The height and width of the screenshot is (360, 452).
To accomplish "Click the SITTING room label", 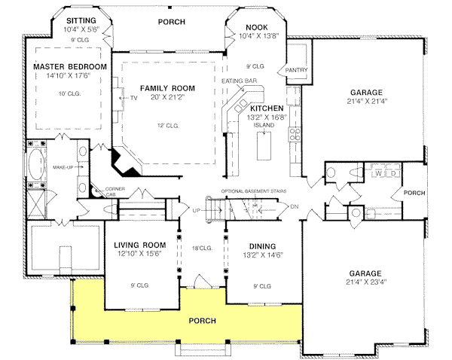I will pos(81,20).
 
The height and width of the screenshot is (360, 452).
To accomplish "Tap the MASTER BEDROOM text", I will pos(69,66).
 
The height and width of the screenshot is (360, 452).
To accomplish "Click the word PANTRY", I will pos(292,71).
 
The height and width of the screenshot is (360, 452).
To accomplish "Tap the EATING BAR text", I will pos(240,80).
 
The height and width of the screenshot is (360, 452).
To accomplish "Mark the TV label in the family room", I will pos(133,98).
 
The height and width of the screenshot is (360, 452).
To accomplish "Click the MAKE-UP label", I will pos(63,166).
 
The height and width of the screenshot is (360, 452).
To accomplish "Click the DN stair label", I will pos(295,207).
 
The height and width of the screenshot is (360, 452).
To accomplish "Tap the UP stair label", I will pos(196,210).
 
